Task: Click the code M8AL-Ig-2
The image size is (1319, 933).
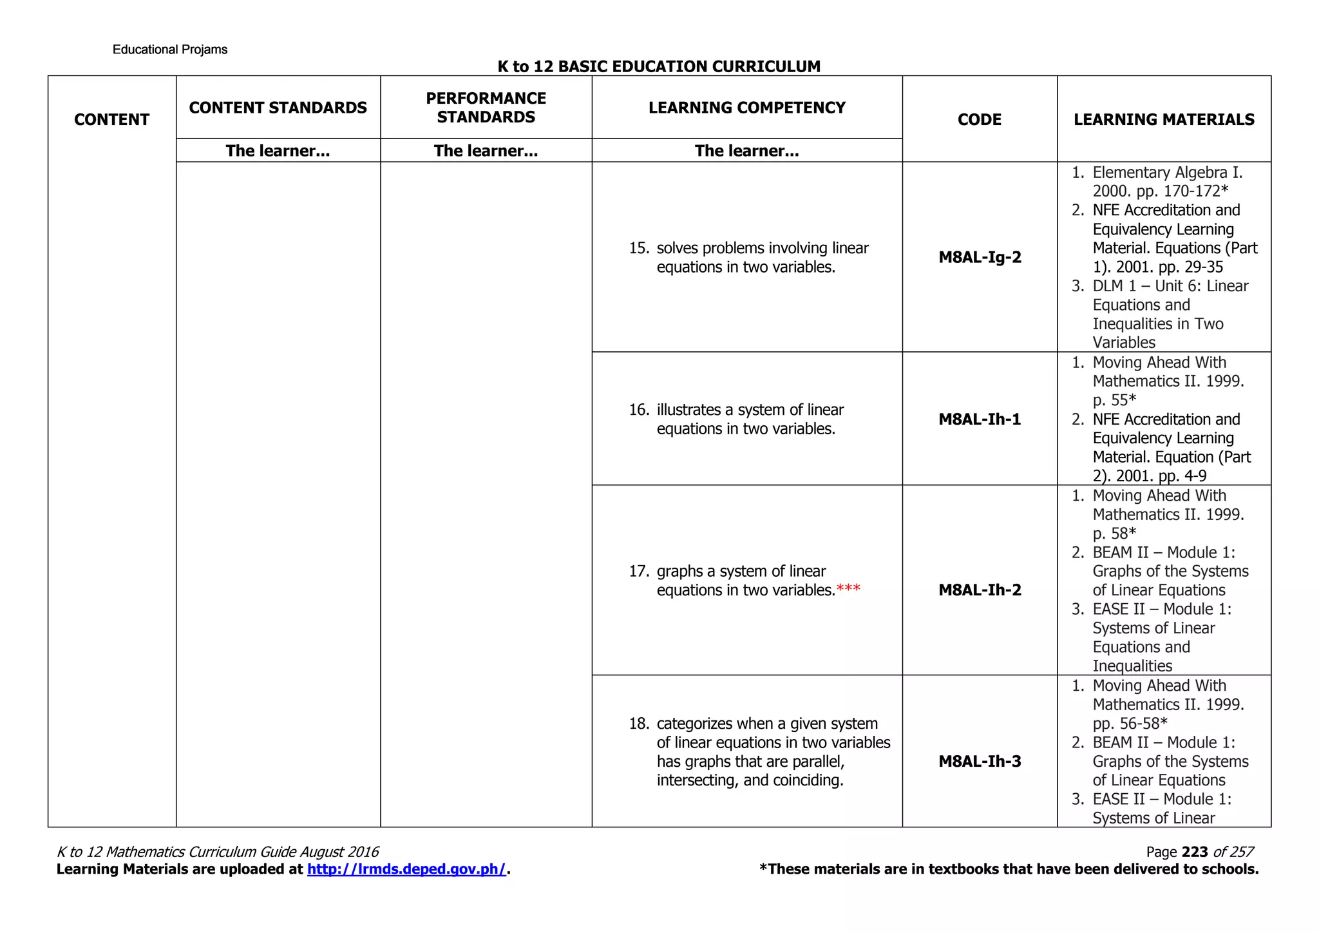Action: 980,258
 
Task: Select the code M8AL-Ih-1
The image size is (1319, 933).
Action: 980,419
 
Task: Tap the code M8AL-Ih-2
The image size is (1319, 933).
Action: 980,590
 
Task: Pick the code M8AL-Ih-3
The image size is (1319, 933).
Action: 980,762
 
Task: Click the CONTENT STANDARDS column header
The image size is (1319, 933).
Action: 278,108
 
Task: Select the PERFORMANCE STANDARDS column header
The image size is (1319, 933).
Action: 486,108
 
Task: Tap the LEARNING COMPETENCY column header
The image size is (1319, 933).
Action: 746,108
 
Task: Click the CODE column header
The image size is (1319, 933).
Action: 980,120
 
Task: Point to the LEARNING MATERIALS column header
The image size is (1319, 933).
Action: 1164,120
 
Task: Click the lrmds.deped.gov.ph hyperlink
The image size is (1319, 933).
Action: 406,869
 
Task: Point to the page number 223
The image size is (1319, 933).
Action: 1195,852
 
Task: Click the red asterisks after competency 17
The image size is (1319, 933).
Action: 848,590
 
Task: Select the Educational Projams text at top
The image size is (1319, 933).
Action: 170,50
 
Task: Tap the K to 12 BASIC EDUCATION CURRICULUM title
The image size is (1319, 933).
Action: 659,66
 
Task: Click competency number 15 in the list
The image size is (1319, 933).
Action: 638,248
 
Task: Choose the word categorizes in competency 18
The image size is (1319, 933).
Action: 696,724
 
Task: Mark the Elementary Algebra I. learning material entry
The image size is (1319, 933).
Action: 1167,173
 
